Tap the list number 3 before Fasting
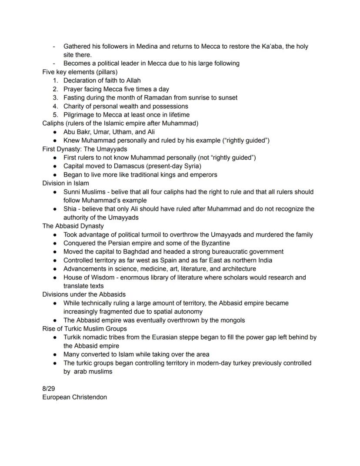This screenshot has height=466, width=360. (x=55, y=97)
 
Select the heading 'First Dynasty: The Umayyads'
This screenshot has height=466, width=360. (x=85, y=149)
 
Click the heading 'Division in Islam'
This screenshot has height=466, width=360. (x=65, y=183)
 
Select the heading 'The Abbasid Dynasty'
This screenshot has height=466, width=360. (x=73, y=226)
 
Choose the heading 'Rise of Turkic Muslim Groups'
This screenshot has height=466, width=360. (x=84, y=329)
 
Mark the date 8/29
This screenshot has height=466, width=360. (x=49, y=389)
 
